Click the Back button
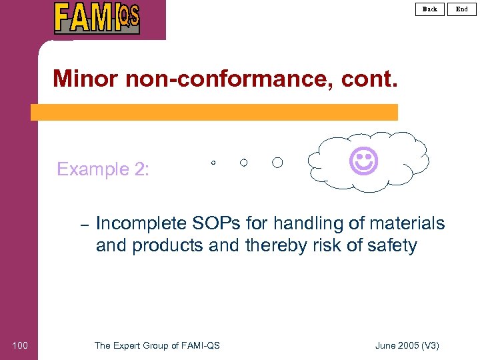click(430, 9)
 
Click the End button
click(462, 9)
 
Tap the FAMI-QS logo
click(97, 18)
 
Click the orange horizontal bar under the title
click(214, 112)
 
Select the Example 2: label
click(103, 169)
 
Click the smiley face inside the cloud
click(364, 161)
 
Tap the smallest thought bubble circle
click(213, 163)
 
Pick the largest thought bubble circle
click(277, 163)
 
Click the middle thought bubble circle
click(244, 163)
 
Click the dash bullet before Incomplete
click(84, 225)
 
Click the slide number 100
click(20, 345)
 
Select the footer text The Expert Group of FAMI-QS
click(157, 345)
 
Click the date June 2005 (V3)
click(407, 345)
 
